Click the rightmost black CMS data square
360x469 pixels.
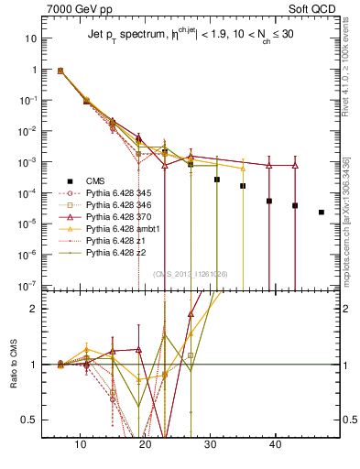(321, 213)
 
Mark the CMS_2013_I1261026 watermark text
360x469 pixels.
(191, 273)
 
